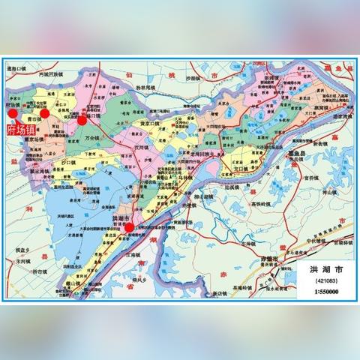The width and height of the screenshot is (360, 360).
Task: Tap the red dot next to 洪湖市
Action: pyautogui.click(x=129, y=226)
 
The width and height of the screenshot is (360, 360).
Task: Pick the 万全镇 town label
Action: pyautogui.click(x=92, y=138)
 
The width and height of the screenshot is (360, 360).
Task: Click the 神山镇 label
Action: pyautogui.click(x=313, y=192)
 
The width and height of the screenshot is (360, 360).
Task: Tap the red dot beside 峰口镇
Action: pyautogui.click(x=82, y=118)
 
